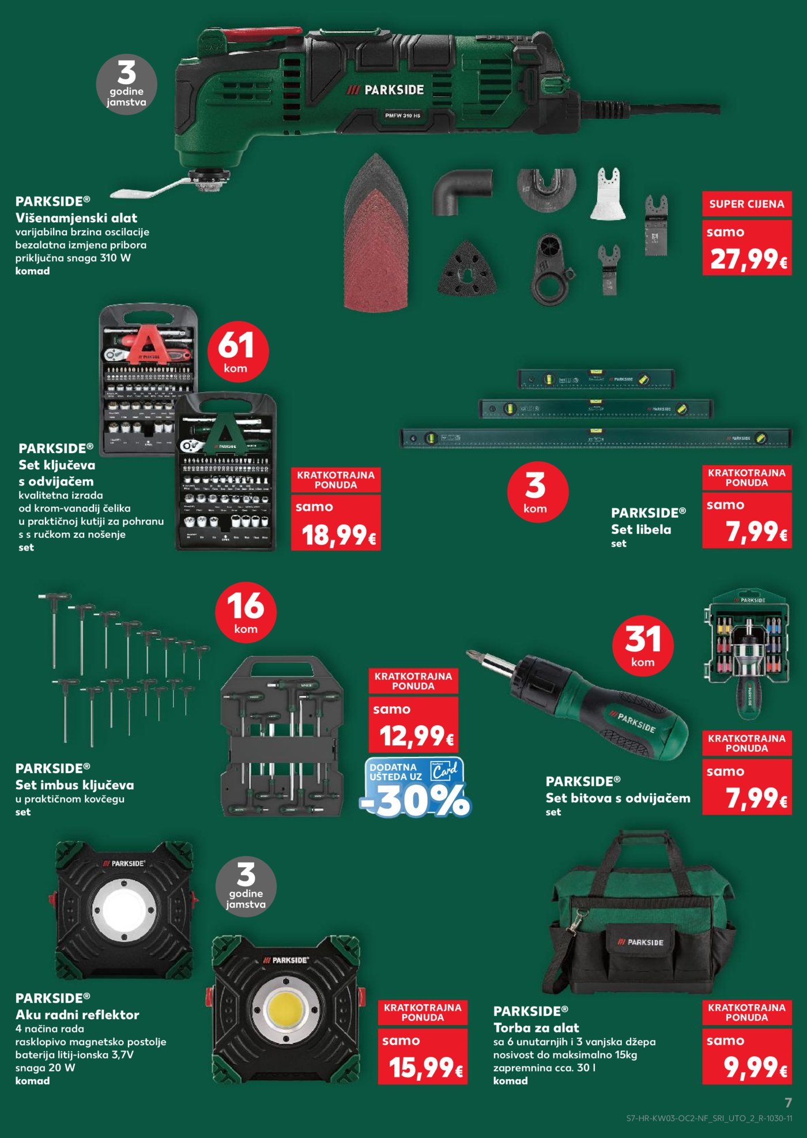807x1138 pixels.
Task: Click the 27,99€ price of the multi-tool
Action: point(747,258)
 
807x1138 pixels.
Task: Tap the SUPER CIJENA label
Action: point(746,204)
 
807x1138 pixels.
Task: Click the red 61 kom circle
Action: point(237,352)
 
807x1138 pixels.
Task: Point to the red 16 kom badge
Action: point(246,612)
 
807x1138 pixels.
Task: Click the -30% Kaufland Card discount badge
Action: point(415,789)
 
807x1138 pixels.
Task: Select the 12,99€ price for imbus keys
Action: point(414,735)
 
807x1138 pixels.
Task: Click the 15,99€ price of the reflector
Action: point(423,1067)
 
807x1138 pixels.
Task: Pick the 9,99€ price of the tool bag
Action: point(747,1067)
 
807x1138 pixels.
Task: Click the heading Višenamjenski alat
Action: point(76,218)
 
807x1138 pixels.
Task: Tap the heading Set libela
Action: point(641,529)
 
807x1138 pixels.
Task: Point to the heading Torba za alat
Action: point(536,1028)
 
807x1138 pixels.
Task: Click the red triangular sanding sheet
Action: point(376,248)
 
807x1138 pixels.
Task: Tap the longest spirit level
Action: point(595,439)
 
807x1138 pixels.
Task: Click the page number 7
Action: point(788,1102)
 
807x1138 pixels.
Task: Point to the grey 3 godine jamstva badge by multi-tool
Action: point(126,85)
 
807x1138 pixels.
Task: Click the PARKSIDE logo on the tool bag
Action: point(640,942)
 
